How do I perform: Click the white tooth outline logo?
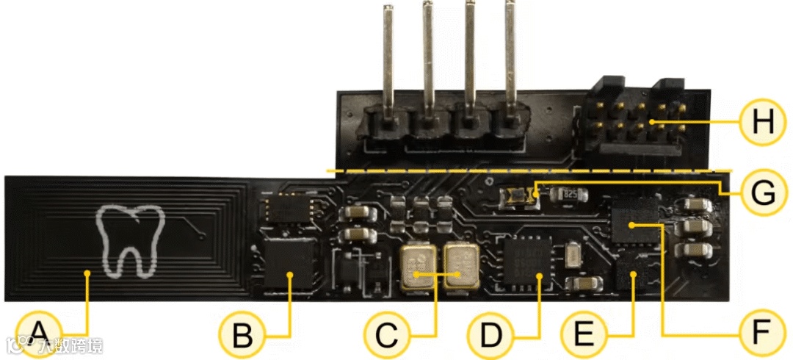[128, 240]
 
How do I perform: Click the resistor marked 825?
[571, 195]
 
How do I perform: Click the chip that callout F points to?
[636, 220]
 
